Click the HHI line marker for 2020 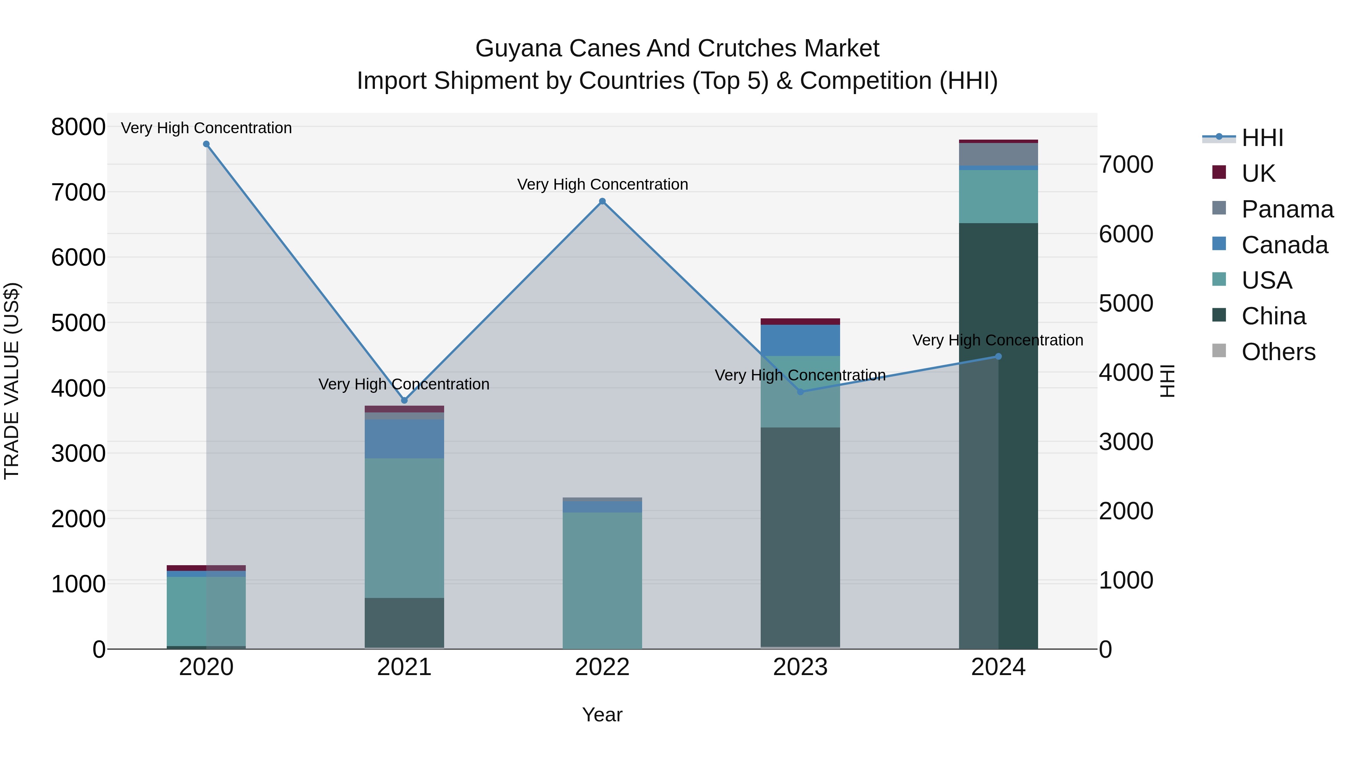coord(206,144)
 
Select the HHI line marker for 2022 coord(602,201)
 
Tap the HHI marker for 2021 coord(404,401)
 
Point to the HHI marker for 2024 coord(998,357)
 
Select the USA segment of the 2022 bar coord(602,578)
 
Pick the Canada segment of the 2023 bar coord(800,340)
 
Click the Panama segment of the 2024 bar coord(998,154)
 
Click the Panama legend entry coord(1286,209)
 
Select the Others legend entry coord(1278,352)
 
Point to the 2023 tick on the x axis coord(800,667)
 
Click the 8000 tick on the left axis coord(78,127)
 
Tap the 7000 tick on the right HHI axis coord(1126,164)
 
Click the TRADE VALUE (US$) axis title coord(12,381)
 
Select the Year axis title coord(602,715)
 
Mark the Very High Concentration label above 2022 coord(602,185)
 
